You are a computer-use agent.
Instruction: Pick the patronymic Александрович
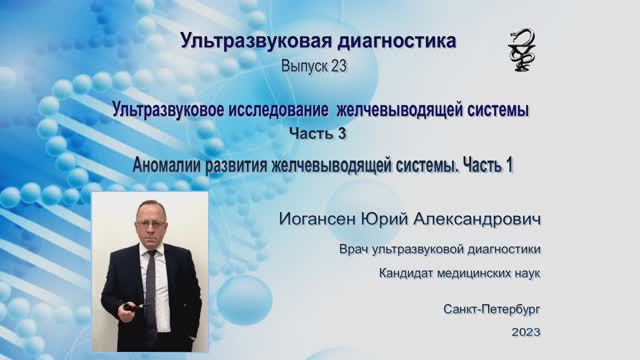490,219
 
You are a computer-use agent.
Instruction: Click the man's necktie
152,286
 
